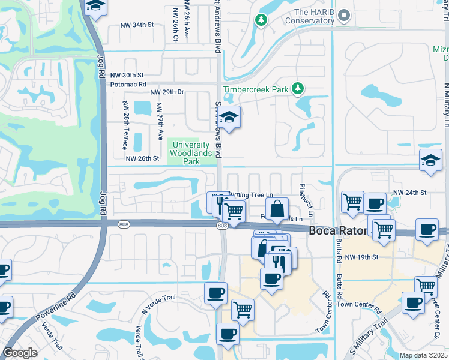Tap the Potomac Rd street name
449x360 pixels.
[x=128, y=85]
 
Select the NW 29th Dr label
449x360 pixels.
[x=167, y=92]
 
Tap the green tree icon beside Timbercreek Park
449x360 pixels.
[x=297, y=89]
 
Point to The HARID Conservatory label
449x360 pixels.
[x=309, y=16]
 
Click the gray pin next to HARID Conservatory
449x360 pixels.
[x=343, y=15]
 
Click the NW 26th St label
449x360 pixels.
[x=142, y=158]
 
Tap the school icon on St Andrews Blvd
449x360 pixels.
[x=229, y=118]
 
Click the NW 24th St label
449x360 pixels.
[x=409, y=193]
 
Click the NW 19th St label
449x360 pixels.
[x=363, y=257]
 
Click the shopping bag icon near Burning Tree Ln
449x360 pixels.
[x=277, y=209]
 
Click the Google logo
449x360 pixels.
[x=20, y=353]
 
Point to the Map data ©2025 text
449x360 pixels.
[x=423, y=355]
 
